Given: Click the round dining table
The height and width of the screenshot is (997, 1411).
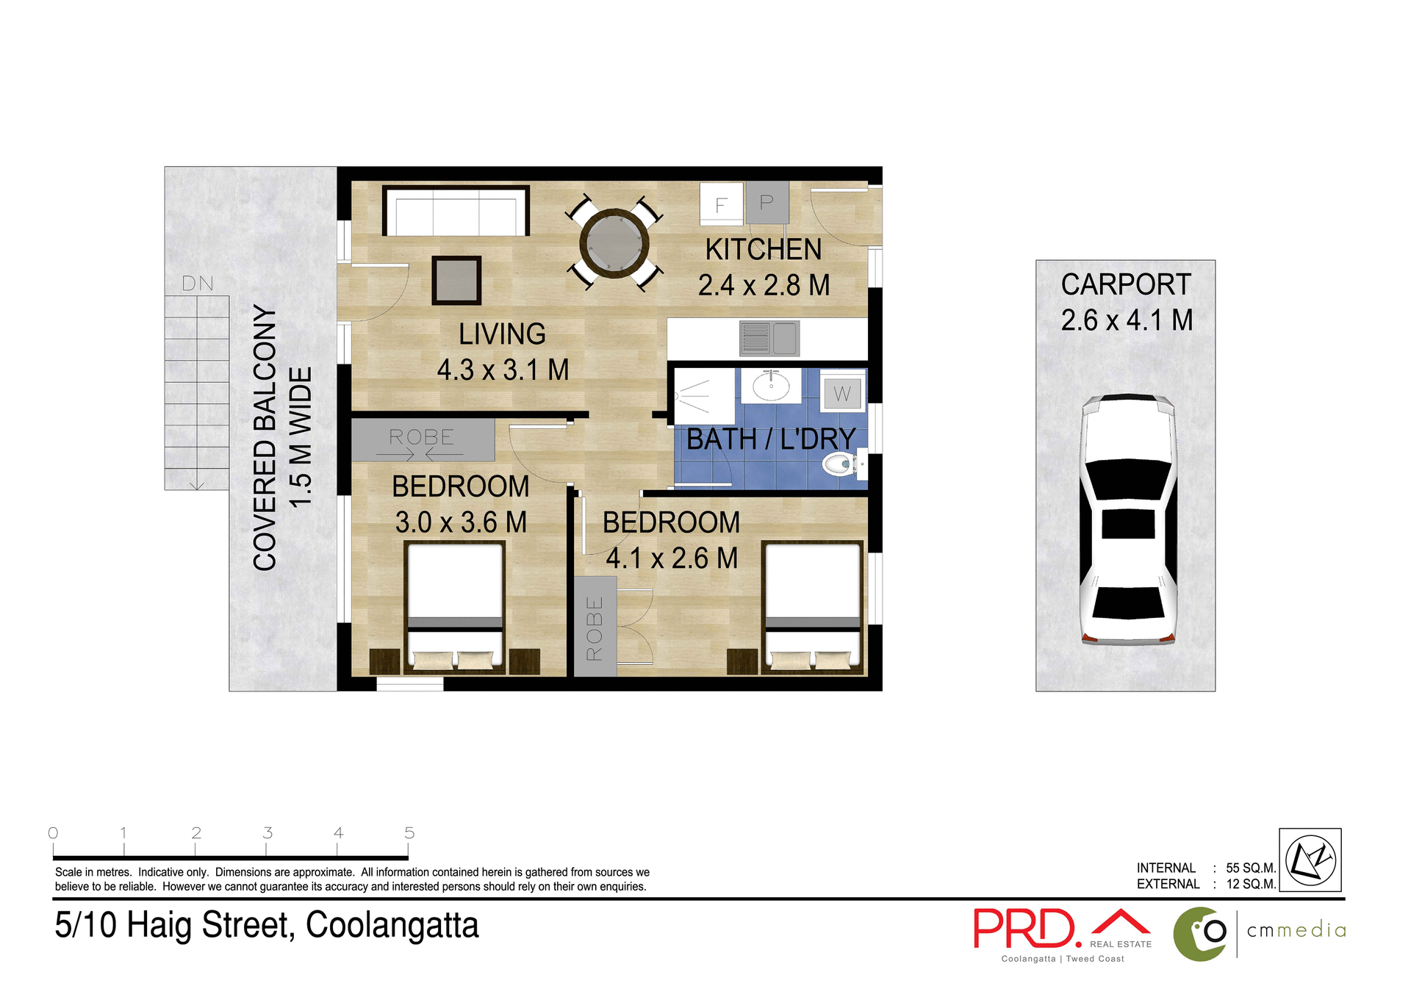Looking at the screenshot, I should point(614,242).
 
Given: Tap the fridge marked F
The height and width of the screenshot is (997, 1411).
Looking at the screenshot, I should point(721,204).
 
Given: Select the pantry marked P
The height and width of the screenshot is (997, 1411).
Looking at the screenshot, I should point(766,202).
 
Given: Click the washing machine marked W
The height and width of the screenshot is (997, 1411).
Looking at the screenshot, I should point(841,394).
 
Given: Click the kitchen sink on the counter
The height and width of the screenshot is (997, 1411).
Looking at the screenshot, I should point(769,338).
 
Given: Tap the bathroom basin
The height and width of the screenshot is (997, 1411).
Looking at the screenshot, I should point(771,385).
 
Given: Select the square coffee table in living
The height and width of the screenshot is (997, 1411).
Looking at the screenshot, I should point(456,280).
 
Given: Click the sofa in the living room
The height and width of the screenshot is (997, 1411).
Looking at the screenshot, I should point(456,211).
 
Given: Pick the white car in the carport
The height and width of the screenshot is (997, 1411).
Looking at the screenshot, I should point(1127,519).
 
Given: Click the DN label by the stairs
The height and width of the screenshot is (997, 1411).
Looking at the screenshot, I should point(198,284).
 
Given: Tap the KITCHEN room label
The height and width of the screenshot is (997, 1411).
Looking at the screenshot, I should point(764,250).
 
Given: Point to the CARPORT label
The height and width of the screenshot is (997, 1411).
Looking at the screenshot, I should point(1126,284).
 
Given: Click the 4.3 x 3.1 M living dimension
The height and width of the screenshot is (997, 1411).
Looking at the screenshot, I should point(503,370).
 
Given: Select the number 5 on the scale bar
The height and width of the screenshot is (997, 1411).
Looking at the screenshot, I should point(409,833).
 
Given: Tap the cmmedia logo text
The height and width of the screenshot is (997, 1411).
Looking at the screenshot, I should point(1296,930).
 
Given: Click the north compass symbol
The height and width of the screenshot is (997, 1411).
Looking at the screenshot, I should point(1310,860).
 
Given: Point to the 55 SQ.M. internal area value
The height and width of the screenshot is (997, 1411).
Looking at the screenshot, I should point(1250,868).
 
